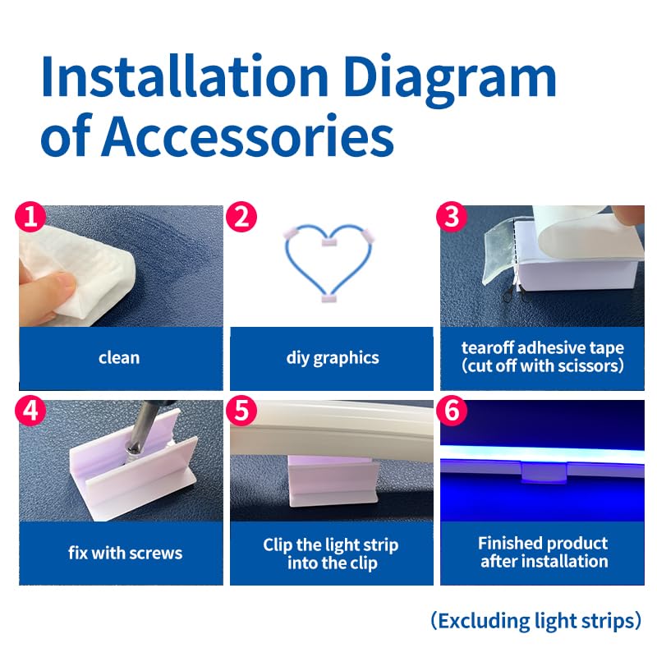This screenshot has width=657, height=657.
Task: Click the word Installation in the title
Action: pyautogui.click(x=184, y=76)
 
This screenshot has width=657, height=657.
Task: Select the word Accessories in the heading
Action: pyautogui.click(x=248, y=136)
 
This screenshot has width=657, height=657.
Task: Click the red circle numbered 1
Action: pyautogui.click(x=30, y=217)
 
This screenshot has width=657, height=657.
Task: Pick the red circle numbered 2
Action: pyautogui.click(x=241, y=217)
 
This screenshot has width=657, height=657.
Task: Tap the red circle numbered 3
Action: pyautogui.click(x=452, y=217)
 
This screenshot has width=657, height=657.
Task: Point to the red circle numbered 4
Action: pyautogui.click(x=30, y=411)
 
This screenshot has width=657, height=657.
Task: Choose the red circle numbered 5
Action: pyautogui.click(x=241, y=411)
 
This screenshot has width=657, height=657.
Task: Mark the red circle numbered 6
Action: pyautogui.click(x=452, y=411)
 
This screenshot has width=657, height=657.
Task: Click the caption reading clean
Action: pyautogui.click(x=119, y=358)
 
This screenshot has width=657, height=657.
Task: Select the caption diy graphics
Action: pyautogui.click(x=333, y=359)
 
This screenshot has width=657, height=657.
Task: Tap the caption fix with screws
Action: pyautogui.click(x=126, y=553)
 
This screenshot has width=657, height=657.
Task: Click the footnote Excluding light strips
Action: pyautogui.click(x=536, y=621)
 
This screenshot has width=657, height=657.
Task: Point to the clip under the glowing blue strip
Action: pyautogui.click(x=544, y=472)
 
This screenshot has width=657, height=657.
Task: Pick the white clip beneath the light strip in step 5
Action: pyautogui.click(x=333, y=482)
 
